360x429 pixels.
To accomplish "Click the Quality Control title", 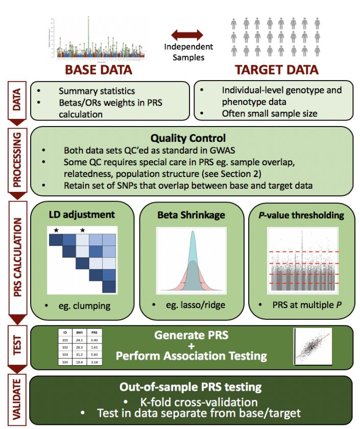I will [x=188, y=138].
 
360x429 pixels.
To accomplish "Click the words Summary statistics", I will [x=97, y=91].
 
